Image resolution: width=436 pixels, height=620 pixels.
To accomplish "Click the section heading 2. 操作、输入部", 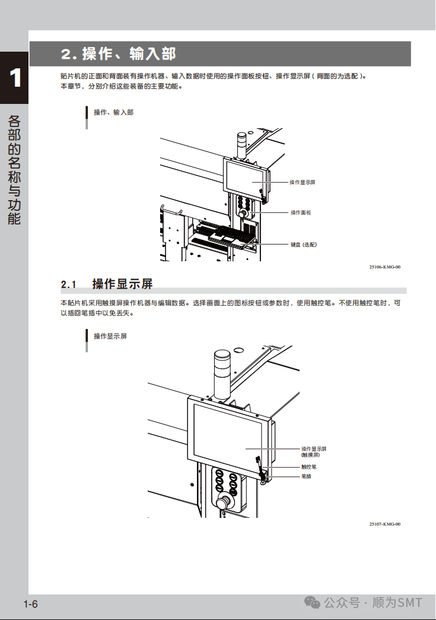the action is [119, 54].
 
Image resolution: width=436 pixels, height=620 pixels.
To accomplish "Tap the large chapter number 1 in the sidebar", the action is [15, 78].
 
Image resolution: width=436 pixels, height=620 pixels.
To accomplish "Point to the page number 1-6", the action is [31, 605].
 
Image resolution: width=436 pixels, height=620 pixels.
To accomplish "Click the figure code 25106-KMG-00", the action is [384, 267].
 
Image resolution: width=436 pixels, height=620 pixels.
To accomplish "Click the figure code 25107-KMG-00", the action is [384, 524].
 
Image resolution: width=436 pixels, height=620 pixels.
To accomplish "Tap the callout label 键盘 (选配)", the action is [303, 244].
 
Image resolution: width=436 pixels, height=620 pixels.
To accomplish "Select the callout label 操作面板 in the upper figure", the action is [300, 212].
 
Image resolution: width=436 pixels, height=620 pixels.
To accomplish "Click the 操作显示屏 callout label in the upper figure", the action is [302, 182].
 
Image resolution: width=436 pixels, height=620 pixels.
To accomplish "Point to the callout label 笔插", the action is [306, 476].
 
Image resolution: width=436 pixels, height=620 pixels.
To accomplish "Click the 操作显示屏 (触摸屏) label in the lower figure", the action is [314, 451].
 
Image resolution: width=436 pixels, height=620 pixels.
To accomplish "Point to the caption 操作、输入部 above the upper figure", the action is [113, 112].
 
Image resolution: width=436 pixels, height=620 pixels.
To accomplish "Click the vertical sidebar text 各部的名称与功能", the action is [15, 169].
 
